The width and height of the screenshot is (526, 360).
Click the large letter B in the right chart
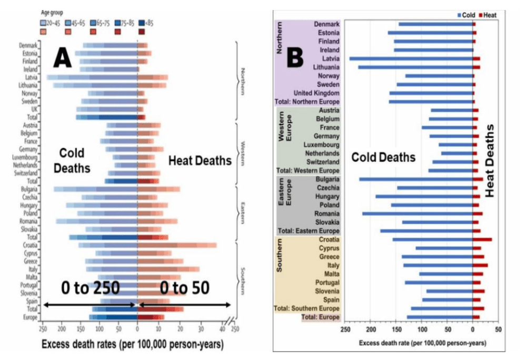294,57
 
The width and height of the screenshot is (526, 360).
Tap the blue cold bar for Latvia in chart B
411,58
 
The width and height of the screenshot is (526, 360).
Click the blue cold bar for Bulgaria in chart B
416,179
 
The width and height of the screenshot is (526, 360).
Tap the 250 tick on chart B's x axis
345,330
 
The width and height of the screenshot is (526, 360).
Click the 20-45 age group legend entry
52,23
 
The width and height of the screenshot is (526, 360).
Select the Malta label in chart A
31,277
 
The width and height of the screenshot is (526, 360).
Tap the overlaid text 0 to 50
184,287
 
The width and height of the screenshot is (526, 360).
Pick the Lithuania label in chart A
27,85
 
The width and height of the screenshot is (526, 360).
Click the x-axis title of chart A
132,345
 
